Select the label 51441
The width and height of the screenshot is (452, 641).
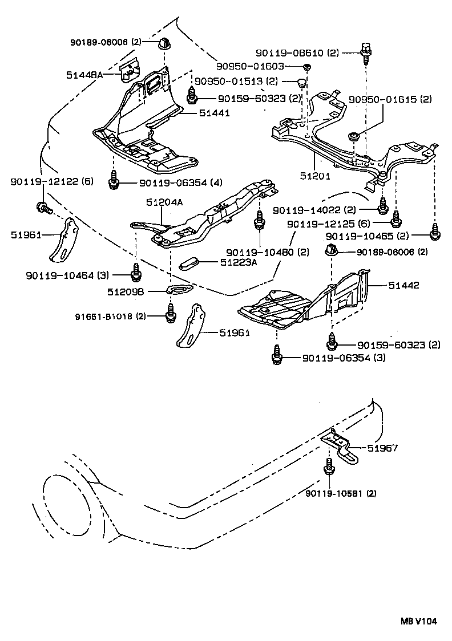point(214,113)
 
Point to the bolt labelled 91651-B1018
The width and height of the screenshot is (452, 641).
point(171,313)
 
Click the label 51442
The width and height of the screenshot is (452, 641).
point(403,285)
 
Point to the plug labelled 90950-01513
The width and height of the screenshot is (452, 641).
point(302,84)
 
